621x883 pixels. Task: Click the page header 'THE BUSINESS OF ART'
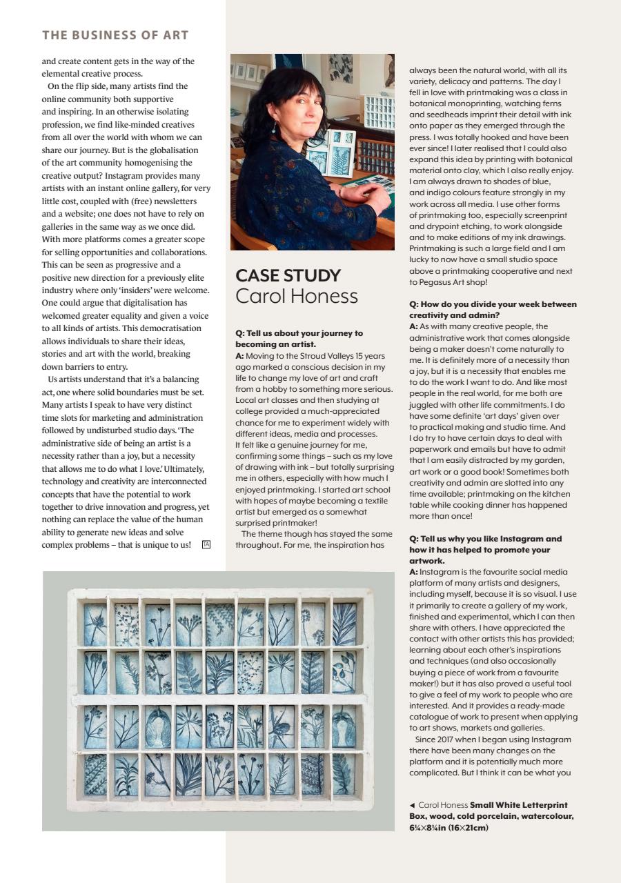point(115,35)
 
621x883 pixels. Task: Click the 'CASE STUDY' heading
point(288,275)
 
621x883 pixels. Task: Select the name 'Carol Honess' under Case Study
point(297,297)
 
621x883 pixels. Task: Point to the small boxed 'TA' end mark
point(206,545)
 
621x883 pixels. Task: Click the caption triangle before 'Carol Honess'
point(413,805)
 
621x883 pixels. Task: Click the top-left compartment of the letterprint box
point(96,624)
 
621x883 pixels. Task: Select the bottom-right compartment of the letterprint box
point(344,774)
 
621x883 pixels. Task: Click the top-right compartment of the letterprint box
point(344,624)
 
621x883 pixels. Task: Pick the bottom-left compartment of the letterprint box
point(96,774)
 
